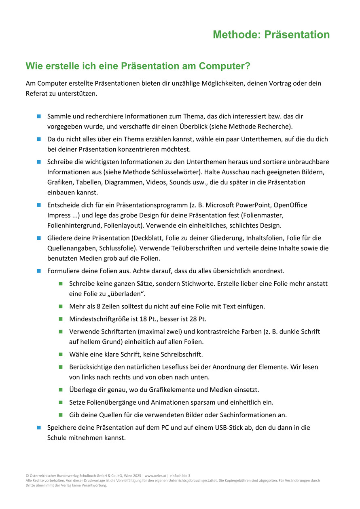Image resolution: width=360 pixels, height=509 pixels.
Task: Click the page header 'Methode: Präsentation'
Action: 271,35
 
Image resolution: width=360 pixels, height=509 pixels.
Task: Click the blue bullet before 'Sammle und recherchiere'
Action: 39,116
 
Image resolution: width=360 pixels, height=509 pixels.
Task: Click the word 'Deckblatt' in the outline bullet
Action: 155,238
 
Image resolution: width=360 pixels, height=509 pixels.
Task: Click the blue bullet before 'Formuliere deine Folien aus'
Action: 39,270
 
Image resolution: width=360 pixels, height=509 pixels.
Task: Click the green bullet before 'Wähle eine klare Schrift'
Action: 61,354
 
